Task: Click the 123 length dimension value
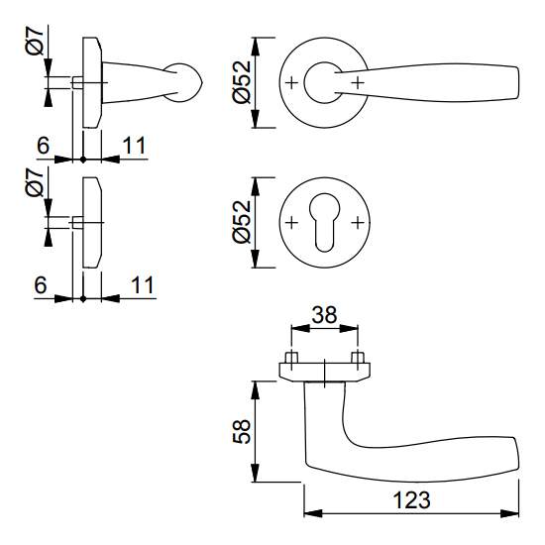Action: pyautogui.click(x=411, y=500)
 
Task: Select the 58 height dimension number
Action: pyautogui.click(x=241, y=431)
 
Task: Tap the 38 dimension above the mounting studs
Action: pyautogui.click(x=324, y=315)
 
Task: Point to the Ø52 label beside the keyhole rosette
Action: pyautogui.click(x=241, y=221)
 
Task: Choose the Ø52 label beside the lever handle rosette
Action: pyautogui.click(x=241, y=82)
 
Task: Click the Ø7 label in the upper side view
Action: pyautogui.click(x=35, y=42)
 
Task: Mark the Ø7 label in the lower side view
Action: pyautogui.click(x=35, y=181)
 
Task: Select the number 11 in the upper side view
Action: pyautogui.click(x=134, y=146)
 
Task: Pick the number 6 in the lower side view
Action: pyautogui.click(x=41, y=285)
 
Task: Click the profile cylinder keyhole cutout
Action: pyautogui.click(x=324, y=222)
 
